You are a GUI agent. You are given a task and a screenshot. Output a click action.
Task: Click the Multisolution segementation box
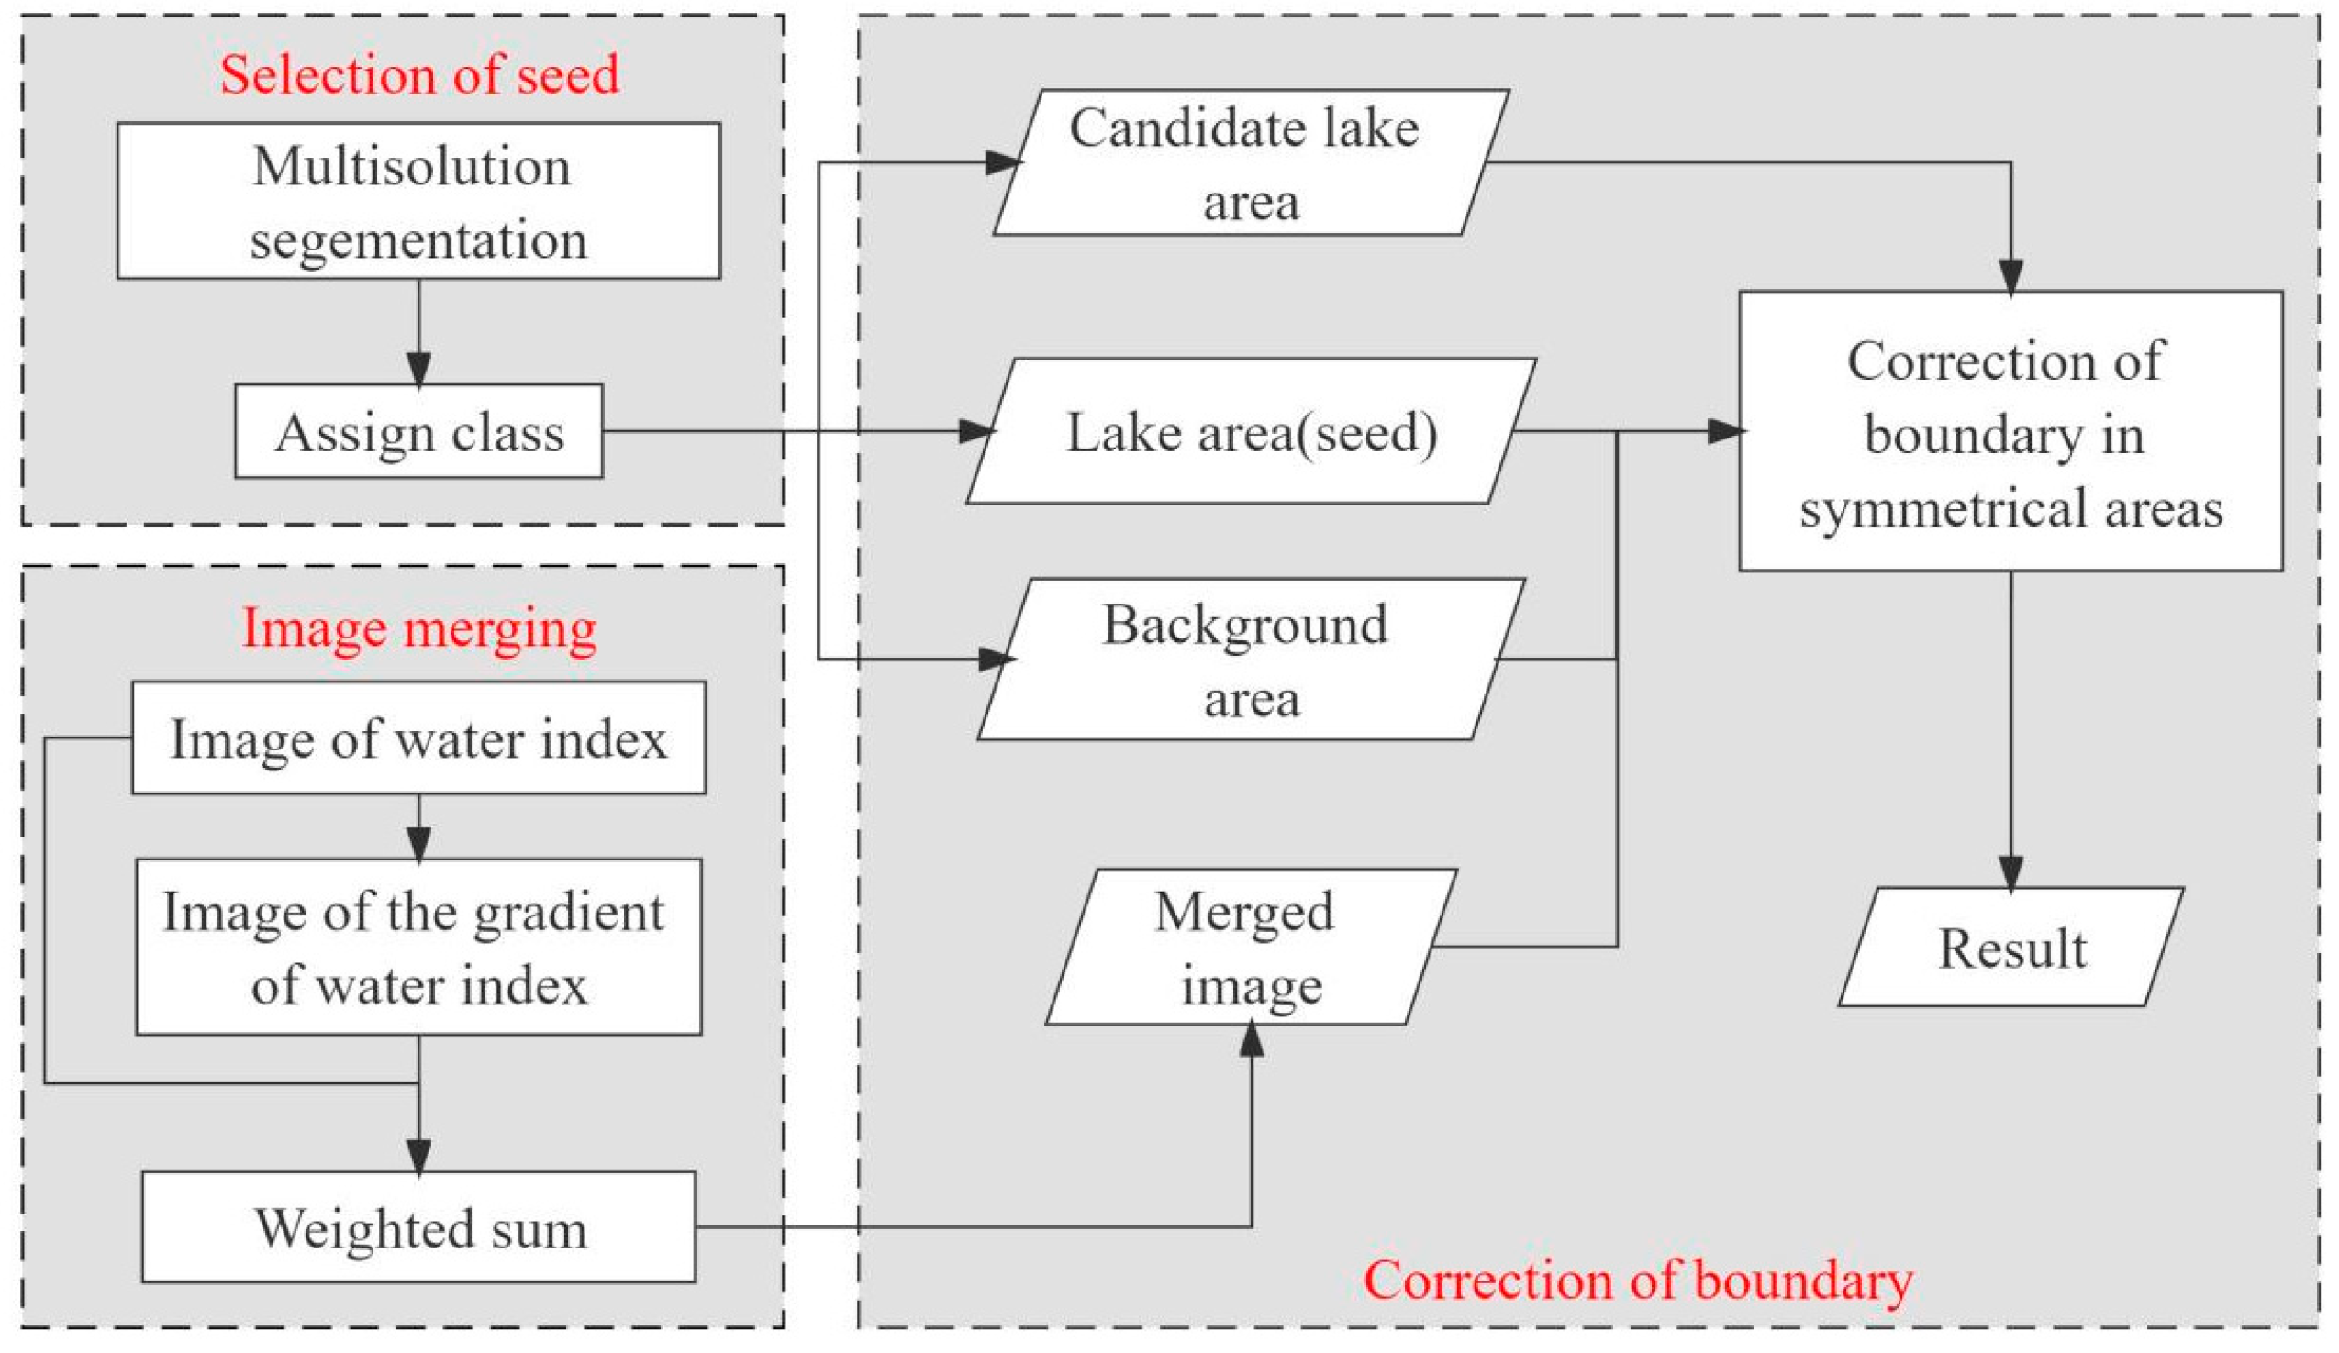coord(418,201)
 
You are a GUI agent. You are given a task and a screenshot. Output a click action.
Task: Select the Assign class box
coord(418,431)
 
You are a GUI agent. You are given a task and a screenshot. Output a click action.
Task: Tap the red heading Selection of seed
coord(418,74)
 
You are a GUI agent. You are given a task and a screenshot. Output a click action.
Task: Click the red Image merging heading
coord(418,628)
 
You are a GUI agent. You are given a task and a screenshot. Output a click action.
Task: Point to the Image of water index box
coord(418,738)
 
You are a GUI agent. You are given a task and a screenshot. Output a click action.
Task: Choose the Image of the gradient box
coord(418,947)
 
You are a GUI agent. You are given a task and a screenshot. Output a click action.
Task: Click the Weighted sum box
coord(418,1227)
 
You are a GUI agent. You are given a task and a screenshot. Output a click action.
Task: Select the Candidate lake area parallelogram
coord(1251,163)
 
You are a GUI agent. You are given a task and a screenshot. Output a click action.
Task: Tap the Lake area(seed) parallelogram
coord(1251,431)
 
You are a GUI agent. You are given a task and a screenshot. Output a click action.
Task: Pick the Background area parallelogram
coord(1251,660)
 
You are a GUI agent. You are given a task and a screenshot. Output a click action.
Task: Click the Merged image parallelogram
coord(1251,947)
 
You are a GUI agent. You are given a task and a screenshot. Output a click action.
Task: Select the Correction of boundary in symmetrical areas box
coord(2010,431)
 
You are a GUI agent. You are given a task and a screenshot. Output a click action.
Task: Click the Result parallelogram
coord(2010,948)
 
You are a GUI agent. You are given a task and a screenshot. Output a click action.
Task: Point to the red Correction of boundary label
coord(1637,1281)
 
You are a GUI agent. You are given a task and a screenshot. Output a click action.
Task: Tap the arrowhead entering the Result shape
coord(2010,872)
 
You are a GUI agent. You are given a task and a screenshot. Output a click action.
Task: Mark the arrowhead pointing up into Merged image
coord(1252,1040)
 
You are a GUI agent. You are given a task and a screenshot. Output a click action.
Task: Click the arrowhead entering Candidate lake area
coord(1002,163)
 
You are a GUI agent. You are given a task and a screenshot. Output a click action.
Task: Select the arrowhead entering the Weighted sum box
coord(418,1157)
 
